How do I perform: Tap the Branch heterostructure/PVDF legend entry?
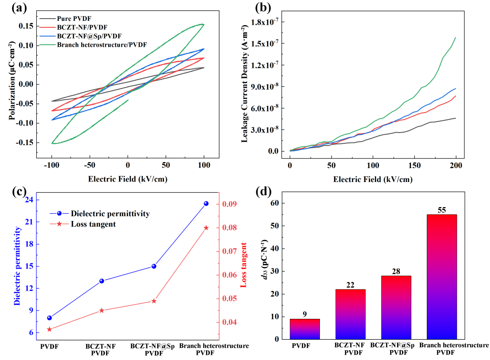click(102, 45)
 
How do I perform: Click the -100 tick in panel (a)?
click(52, 165)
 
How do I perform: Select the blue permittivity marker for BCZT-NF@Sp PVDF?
click(154, 266)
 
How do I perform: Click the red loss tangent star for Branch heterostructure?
click(206, 228)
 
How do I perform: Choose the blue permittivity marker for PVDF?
click(49, 318)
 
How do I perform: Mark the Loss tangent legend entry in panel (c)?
click(93, 224)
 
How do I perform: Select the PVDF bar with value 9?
click(304, 329)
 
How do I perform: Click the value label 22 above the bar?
click(350, 285)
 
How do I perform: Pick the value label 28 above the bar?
click(396, 272)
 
